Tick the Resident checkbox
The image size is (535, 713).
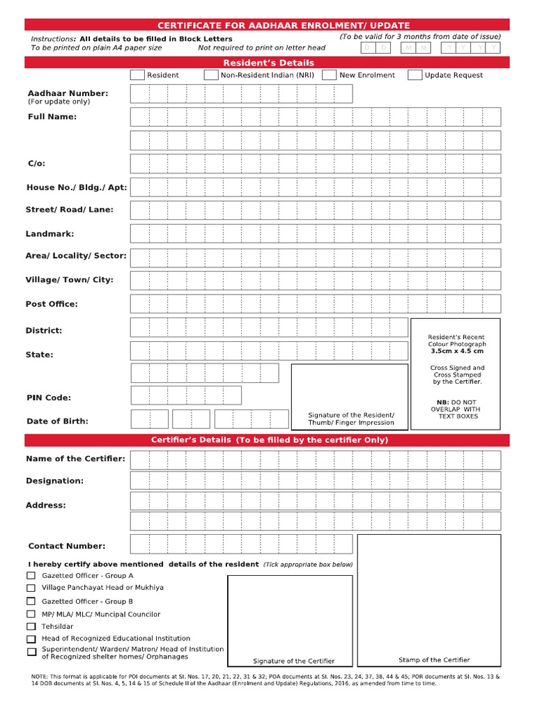coord(137,75)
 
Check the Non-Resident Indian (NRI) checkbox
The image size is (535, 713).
coord(211,75)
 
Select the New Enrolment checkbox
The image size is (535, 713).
coord(329,75)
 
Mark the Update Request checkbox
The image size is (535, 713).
coord(414,75)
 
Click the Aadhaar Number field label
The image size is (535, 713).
coord(68,93)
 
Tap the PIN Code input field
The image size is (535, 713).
coord(186,395)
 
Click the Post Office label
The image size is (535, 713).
coord(52,304)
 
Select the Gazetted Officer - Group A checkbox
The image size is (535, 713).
coord(31,576)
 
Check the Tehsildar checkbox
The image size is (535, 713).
coord(31,627)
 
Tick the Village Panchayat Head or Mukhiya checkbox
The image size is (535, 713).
coord(31,588)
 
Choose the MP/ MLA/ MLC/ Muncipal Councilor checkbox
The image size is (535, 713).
coord(31,614)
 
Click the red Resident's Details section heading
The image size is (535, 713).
coord(268,63)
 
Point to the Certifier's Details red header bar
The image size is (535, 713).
coord(268,440)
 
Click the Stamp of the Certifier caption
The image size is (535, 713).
coord(434,659)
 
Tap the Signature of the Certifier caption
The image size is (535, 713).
coord(293,661)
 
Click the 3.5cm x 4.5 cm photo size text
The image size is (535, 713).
coord(456,352)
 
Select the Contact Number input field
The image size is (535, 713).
coord(241,543)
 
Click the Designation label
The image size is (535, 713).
coord(54,480)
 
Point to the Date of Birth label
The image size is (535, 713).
coord(57,421)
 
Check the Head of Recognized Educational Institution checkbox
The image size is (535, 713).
coord(31,638)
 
